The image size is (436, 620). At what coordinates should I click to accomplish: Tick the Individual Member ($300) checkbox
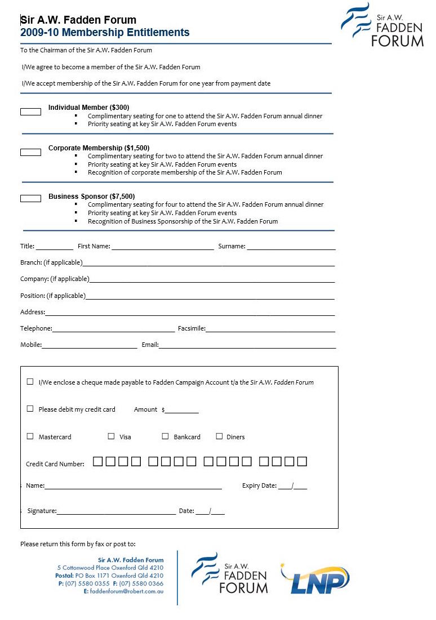pyautogui.click(x=30, y=111)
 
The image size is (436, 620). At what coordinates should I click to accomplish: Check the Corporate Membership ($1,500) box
pyautogui.click(x=30, y=152)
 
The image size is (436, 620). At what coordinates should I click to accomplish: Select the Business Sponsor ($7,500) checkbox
pyautogui.click(x=30, y=198)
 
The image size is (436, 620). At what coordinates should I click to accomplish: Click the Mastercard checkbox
pyautogui.click(x=30, y=436)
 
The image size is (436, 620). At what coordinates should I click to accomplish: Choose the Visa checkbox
pyautogui.click(x=111, y=436)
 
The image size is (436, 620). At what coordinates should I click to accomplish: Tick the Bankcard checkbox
pyautogui.click(x=165, y=436)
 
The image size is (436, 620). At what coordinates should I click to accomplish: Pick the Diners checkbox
pyautogui.click(x=219, y=436)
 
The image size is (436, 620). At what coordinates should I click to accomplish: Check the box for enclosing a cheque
pyautogui.click(x=30, y=381)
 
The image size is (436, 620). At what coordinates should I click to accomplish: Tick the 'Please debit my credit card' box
pyautogui.click(x=30, y=409)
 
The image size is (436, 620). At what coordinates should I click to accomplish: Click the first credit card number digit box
pyautogui.click(x=98, y=462)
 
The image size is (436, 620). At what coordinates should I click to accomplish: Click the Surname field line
pyautogui.click(x=291, y=247)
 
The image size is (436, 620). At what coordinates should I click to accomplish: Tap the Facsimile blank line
pyautogui.click(x=270, y=329)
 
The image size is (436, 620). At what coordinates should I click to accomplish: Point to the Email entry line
pyautogui.click(x=247, y=346)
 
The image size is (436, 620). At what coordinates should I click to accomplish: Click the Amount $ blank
pyautogui.click(x=181, y=411)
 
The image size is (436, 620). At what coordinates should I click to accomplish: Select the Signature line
pyautogui.click(x=116, y=512)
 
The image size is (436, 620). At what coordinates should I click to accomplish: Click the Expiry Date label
pyautogui.click(x=259, y=485)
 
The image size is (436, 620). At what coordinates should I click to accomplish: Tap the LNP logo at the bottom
pyautogui.click(x=315, y=578)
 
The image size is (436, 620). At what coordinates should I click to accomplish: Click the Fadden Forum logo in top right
pyautogui.click(x=383, y=25)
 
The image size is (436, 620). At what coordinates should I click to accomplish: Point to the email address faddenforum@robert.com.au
pyautogui.click(x=127, y=591)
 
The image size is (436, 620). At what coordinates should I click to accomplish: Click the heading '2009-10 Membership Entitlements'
pyautogui.click(x=105, y=33)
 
